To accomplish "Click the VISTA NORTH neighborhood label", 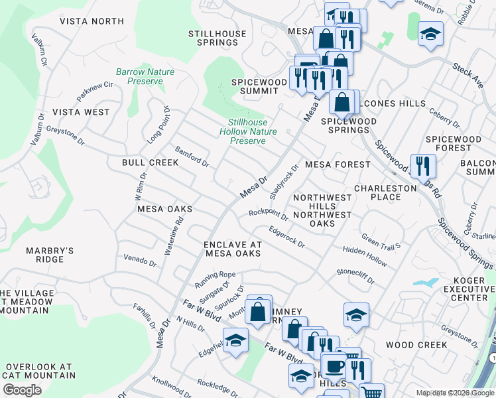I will click(92, 21).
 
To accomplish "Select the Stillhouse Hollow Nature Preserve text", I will click(247, 131).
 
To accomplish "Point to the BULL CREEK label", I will click(150, 163).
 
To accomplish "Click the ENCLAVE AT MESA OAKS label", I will click(233, 249).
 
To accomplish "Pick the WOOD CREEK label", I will click(417, 345).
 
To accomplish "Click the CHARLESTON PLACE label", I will click(385, 192).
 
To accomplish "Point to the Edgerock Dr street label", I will click(286, 237).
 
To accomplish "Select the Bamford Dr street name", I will click(192, 158).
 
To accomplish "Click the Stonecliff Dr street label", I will click(355, 276).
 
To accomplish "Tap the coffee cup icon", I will click(334, 366).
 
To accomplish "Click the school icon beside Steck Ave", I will click(430, 34).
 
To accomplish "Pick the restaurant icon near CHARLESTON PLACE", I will click(422, 166).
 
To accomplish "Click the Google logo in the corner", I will click(22, 390).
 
